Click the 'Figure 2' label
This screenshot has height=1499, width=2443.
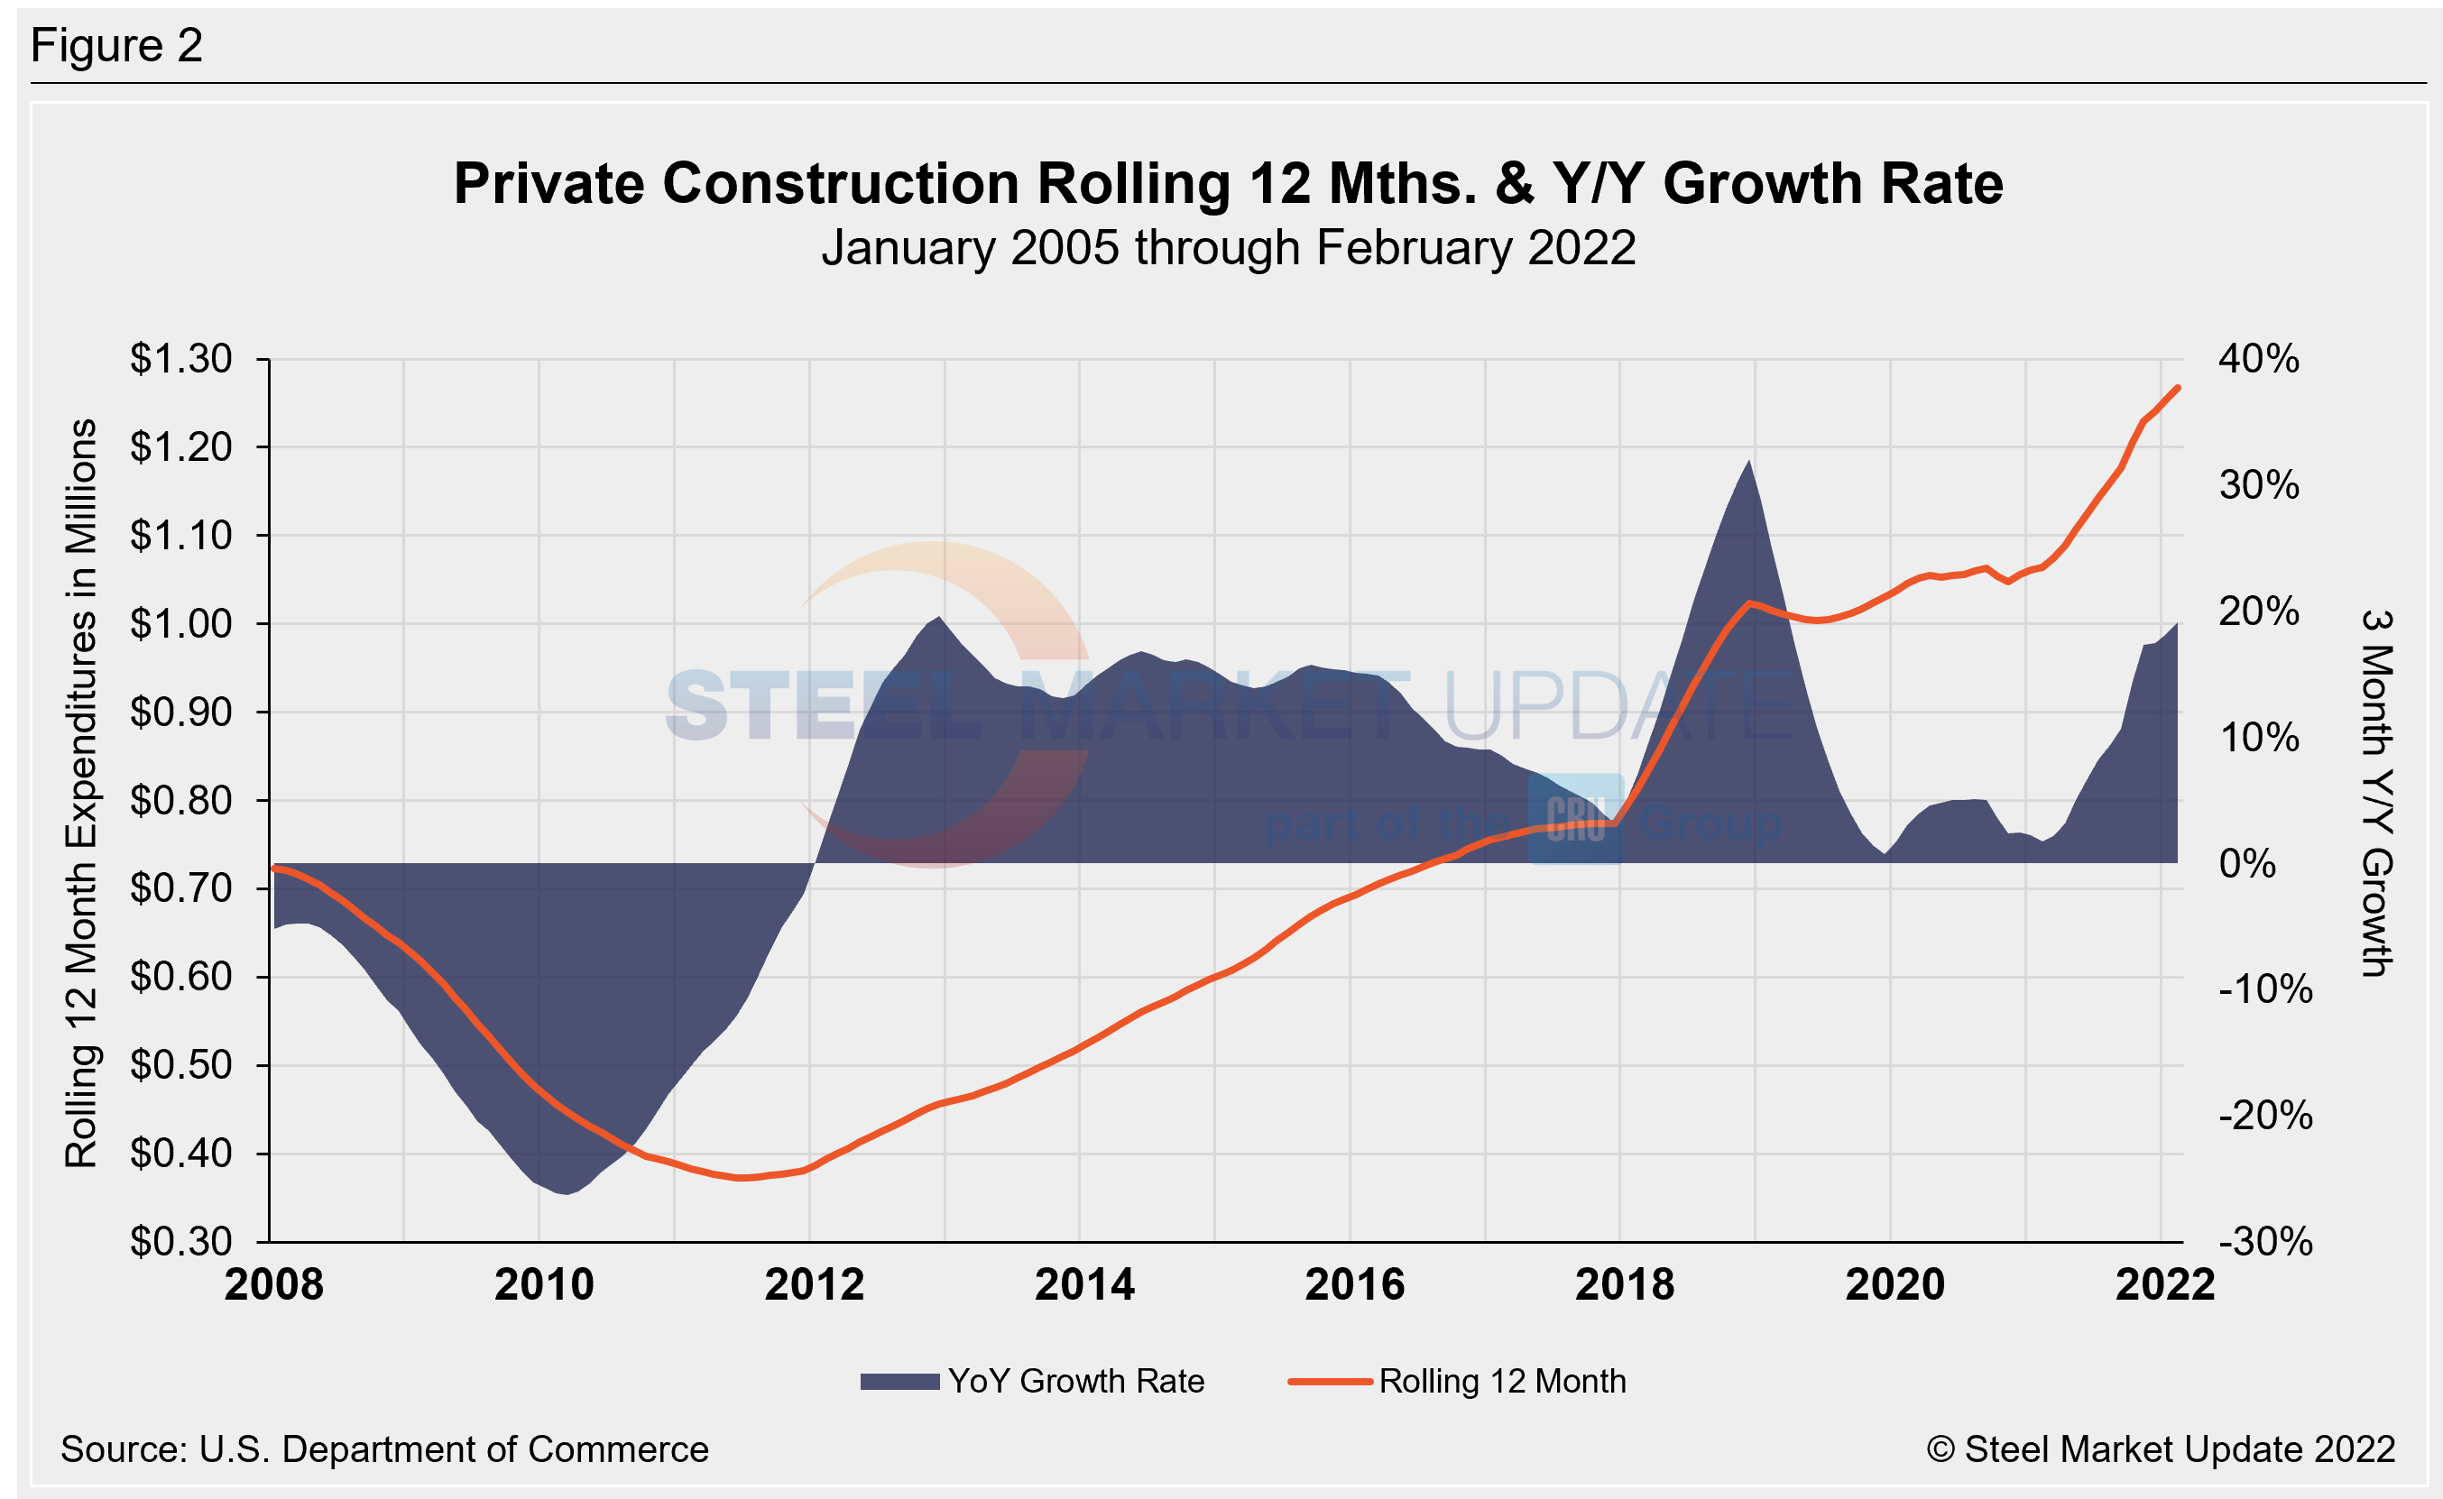point(117,46)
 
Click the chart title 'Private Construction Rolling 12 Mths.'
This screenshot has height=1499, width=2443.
point(1228,184)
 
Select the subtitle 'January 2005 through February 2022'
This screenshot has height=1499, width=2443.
point(1228,248)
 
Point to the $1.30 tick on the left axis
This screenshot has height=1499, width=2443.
point(181,359)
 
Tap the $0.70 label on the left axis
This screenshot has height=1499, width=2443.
point(181,888)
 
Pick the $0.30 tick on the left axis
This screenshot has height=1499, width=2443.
point(181,1241)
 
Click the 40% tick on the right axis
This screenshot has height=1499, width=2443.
point(2259,359)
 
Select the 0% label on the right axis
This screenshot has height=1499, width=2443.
point(2246,863)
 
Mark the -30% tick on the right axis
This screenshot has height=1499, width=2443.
point(2264,1241)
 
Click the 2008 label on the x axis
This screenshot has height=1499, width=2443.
point(273,1285)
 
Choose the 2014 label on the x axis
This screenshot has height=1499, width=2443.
point(1083,1285)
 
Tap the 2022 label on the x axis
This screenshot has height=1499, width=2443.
point(2164,1285)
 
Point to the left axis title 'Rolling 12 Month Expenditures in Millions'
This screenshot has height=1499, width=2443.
point(81,793)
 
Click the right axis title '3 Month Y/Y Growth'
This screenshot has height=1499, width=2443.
point(2376,793)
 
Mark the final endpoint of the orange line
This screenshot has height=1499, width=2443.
point(2177,388)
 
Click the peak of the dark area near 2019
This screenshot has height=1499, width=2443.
point(1749,461)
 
